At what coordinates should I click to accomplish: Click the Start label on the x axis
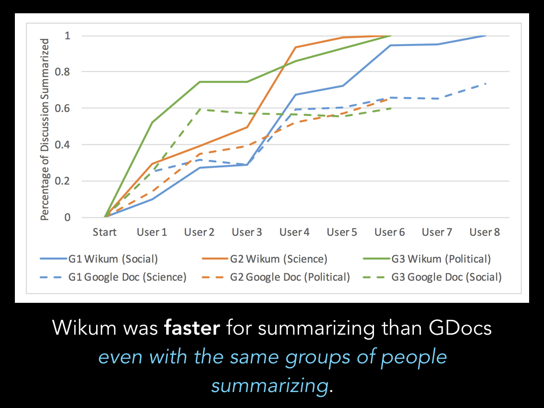point(105,232)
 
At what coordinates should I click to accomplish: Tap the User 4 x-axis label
point(294,232)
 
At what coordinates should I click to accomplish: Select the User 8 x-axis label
point(484,232)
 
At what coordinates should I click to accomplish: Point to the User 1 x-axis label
point(152,232)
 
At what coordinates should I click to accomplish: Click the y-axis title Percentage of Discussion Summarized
point(46,129)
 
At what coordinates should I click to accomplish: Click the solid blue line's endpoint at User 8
point(484,36)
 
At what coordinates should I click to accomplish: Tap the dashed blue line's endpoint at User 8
point(484,84)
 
